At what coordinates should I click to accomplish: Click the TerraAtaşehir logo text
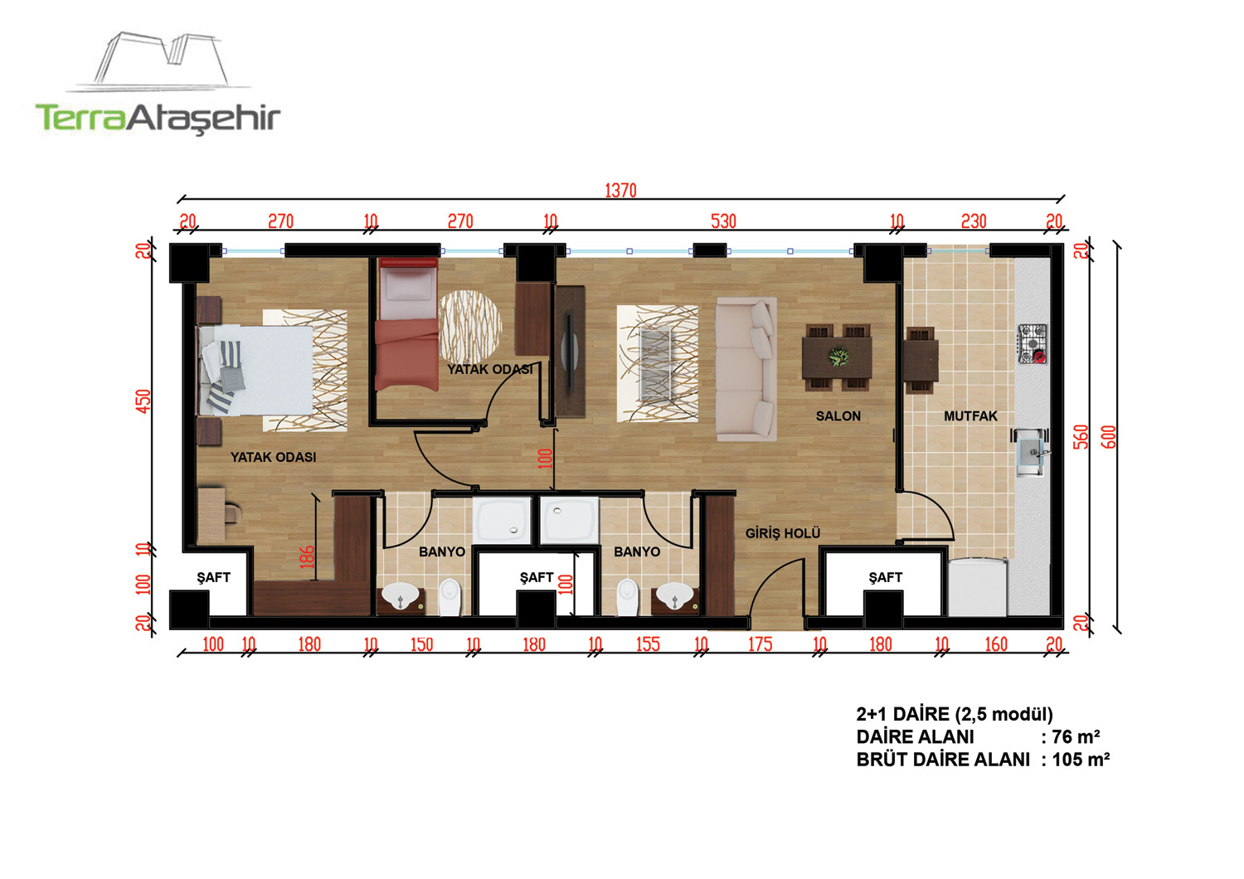(x=158, y=119)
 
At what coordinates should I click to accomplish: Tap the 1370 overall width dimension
(x=620, y=191)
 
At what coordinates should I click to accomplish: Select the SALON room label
(x=838, y=416)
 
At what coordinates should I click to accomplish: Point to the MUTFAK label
(x=970, y=416)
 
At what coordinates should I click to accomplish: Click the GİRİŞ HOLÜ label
(x=783, y=533)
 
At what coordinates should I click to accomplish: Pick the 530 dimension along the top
(x=723, y=221)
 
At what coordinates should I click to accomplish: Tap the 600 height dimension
(x=1108, y=437)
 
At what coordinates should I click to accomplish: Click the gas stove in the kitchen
(x=1033, y=344)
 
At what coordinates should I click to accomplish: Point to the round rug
(x=470, y=326)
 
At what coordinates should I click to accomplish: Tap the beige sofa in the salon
(x=746, y=369)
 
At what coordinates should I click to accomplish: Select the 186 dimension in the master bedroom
(x=307, y=557)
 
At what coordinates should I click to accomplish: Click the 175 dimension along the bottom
(x=760, y=644)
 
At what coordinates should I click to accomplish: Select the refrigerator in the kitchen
(x=978, y=587)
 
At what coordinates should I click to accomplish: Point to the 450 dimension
(x=143, y=401)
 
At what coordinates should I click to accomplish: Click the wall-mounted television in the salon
(x=570, y=352)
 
